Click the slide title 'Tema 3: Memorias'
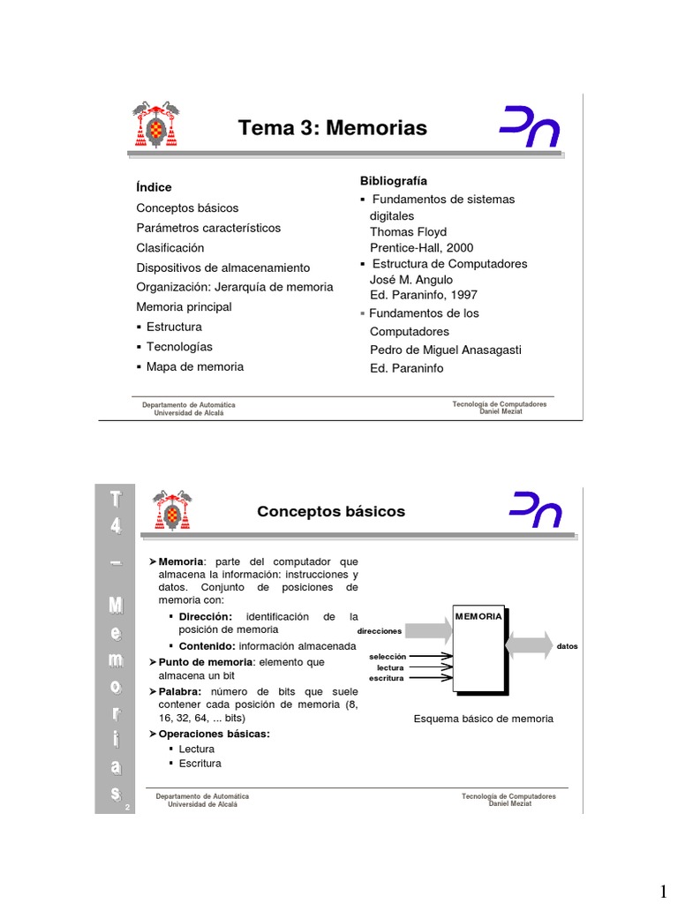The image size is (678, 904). tap(332, 129)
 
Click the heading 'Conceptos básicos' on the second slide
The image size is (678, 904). tap(330, 512)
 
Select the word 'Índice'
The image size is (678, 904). tap(154, 187)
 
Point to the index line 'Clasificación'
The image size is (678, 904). tap(169, 248)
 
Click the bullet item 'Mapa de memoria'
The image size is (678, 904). tap(194, 366)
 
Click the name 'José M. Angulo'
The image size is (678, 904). tap(411, 280)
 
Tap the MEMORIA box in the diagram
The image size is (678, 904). tap(478, 649)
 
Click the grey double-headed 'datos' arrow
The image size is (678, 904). tap(529, 645)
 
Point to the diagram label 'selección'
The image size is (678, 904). tap(388, 657)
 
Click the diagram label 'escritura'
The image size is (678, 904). tap(387, 678)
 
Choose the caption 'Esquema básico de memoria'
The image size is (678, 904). tap(483, 719)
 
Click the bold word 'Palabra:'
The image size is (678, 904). tap(180, 691)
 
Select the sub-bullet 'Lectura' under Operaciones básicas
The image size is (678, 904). tap(196, 750)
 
